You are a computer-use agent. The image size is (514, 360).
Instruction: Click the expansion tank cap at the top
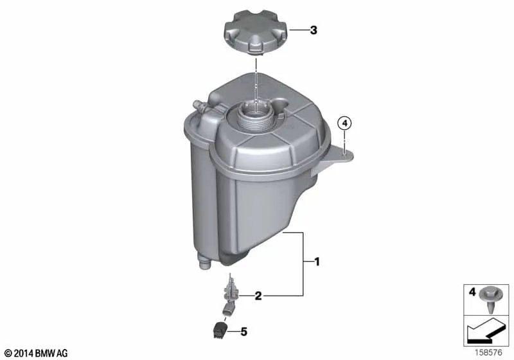point(255,32)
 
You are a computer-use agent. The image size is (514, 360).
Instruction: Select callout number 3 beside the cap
point(314,30)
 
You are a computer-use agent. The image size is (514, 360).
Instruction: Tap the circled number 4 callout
point(344,124)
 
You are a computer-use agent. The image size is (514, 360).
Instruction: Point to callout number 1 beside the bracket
point(317,262)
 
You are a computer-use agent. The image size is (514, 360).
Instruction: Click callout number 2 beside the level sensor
point(258,296)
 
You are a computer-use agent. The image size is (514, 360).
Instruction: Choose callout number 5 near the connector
point(244,332)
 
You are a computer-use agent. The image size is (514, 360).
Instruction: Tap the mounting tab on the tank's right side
point(334,158)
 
